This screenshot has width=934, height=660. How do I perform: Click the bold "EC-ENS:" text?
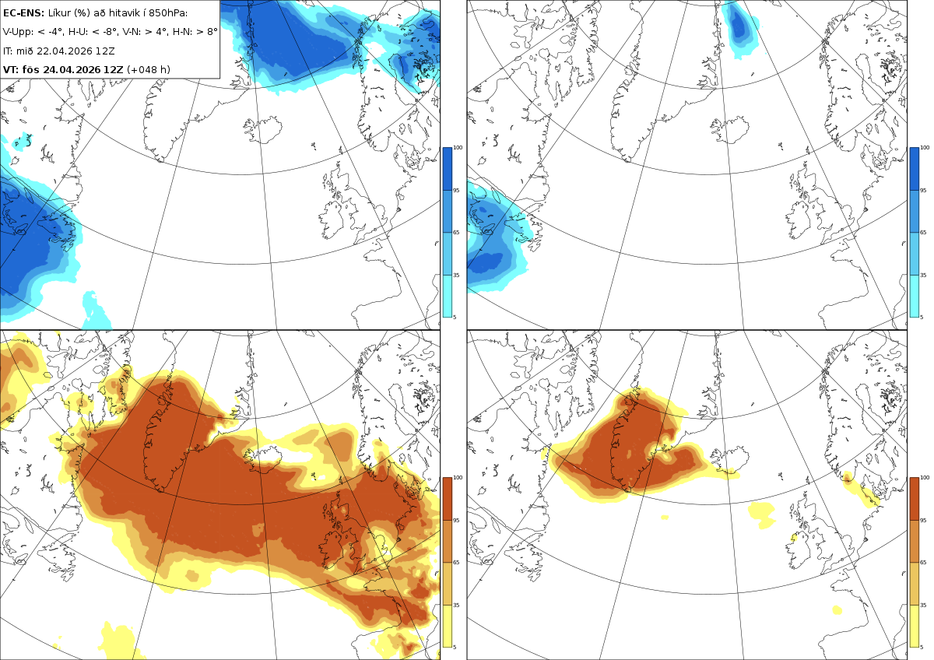coord(23,13)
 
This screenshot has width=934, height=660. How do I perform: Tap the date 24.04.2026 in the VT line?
coord(72,69)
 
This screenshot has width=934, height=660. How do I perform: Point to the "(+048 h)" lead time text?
coord(149,69)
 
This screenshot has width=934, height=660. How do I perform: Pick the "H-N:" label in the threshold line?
coord(184,32)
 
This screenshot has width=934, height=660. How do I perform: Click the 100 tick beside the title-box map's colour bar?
coord(458,148)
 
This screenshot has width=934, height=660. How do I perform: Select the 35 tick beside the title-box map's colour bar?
coord(456,276)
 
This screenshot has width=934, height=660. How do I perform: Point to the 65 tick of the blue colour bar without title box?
coord(923,232)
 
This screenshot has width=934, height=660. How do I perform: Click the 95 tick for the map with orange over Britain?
coord(456,521)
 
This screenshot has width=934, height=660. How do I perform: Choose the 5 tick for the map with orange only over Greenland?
coord(922,647)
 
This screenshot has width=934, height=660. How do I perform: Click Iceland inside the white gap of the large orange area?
coord(263,458)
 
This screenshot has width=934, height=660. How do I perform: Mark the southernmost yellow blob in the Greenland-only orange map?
coord(837,610)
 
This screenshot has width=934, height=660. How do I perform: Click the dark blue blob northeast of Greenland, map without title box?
coord(738,25)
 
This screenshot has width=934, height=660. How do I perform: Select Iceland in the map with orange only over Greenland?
coord(730,458)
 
